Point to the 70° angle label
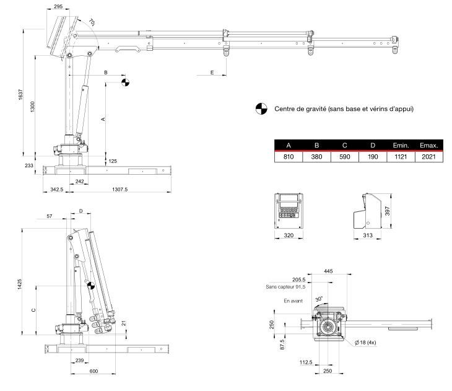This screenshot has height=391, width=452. [92, 22]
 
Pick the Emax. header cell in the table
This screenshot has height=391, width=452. [428, 146]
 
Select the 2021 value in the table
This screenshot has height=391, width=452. [428, 157]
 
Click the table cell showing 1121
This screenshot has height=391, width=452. [400, 157]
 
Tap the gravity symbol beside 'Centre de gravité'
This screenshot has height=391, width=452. [260, 109]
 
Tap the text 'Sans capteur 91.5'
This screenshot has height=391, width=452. [287, 287]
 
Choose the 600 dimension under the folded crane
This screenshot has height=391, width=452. [93, 371]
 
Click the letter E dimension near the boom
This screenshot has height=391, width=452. [212, 72]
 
